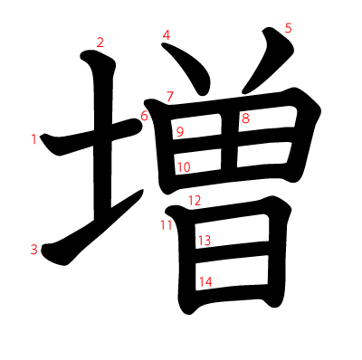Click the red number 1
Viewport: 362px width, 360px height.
coord(33,139)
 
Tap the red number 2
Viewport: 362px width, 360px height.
coord(100,43)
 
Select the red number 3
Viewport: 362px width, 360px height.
coord(34,250)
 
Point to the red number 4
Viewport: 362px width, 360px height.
coord(167,35)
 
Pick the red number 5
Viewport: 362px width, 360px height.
coord(289,28)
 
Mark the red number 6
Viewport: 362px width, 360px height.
coord(144,116)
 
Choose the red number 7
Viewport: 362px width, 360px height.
coord(170,97)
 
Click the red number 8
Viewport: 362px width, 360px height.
coord(245,118)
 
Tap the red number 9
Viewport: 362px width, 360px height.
coord(180,132)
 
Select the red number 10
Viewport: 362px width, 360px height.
coord(184,167)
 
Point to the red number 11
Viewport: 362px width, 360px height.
coord(166,225)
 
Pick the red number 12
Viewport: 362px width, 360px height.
coord(195,200)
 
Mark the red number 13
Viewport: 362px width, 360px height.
coord(205,241)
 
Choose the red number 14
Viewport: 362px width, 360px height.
coord(205,282)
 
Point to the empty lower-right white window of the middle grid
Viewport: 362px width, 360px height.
coord(264,154)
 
